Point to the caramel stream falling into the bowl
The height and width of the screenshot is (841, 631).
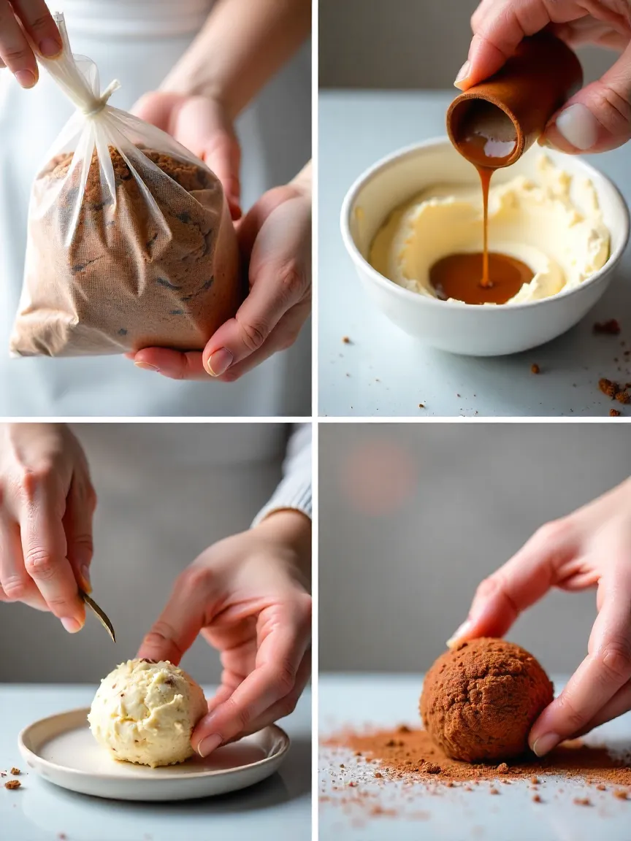tap(484, 219)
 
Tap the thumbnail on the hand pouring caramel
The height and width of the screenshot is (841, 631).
tap(577, 126)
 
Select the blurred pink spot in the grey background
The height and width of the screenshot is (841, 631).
tap(378, 475)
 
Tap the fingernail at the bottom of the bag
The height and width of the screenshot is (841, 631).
tap(219, 361)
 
